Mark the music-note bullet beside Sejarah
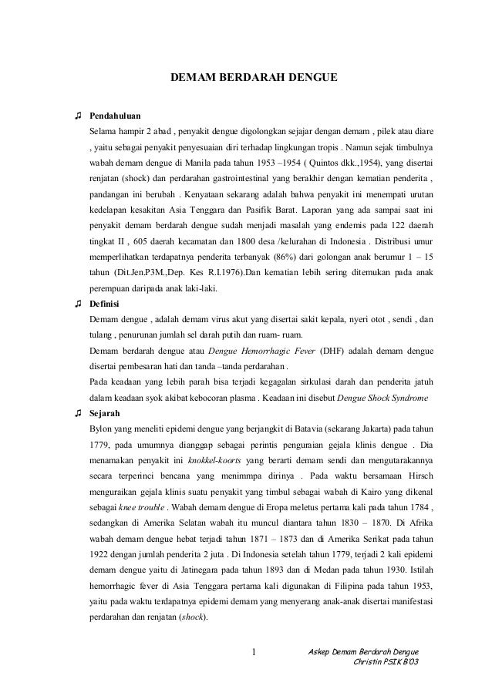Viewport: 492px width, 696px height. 78,412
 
